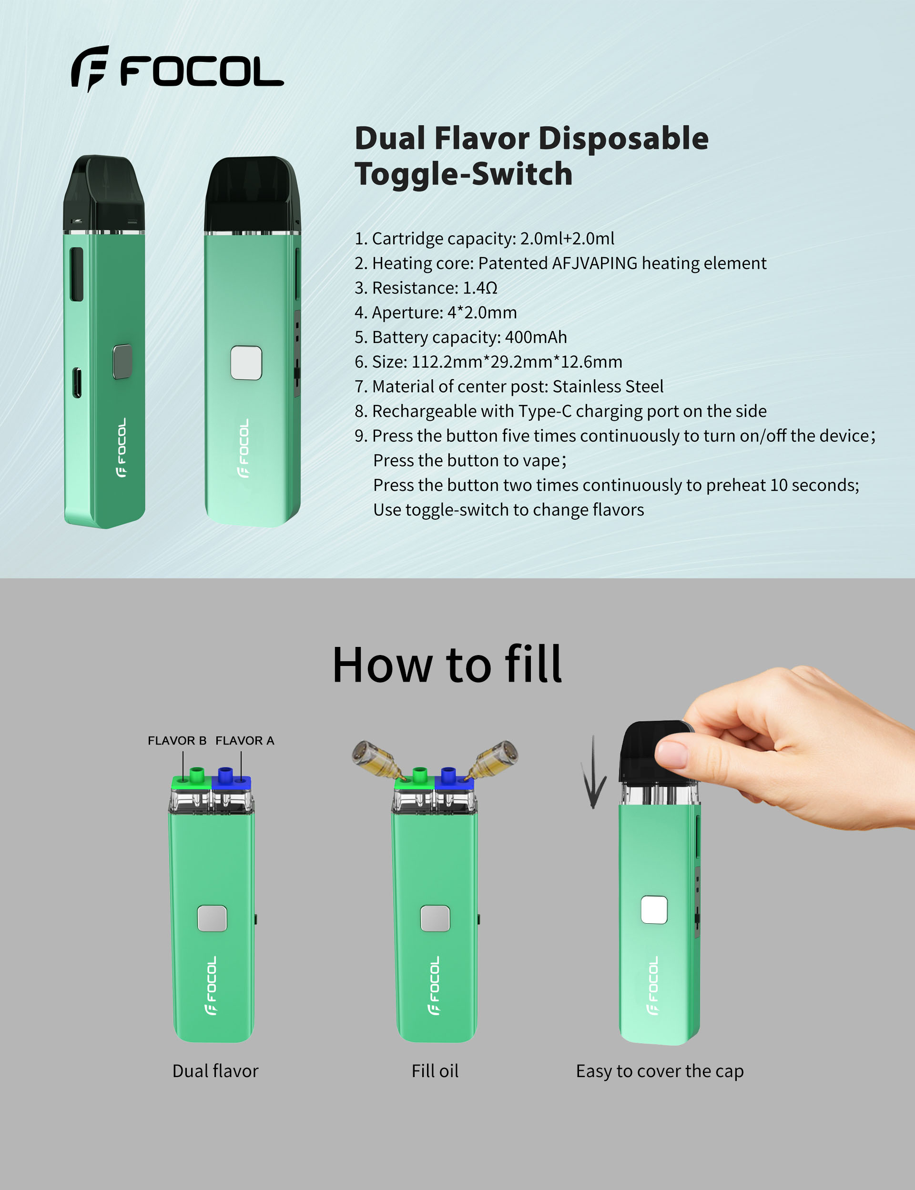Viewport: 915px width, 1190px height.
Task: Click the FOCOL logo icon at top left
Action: (90, 69)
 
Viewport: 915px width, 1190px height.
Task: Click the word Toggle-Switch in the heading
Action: (464, 174)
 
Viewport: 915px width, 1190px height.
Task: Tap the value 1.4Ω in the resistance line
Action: (480, 288)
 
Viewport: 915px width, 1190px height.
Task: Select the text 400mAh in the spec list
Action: (536, 337)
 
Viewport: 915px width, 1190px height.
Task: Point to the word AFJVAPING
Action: (595, 263)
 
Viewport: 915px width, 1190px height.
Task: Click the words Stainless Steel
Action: (608, 386)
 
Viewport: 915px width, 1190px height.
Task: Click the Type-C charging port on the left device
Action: (77, 383)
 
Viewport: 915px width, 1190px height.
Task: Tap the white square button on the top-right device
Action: (246, 363)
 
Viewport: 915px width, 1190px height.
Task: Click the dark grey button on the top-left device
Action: (122, 361)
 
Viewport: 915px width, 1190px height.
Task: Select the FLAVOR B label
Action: (177, 740)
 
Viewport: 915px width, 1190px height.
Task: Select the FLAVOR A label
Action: (244, 740)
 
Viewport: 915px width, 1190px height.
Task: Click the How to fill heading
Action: (447, 665)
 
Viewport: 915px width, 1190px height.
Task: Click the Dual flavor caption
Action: (215, 1071)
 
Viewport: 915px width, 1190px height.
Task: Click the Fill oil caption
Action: (435, 1071)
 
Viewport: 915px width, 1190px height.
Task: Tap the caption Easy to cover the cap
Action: (660, 1071)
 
